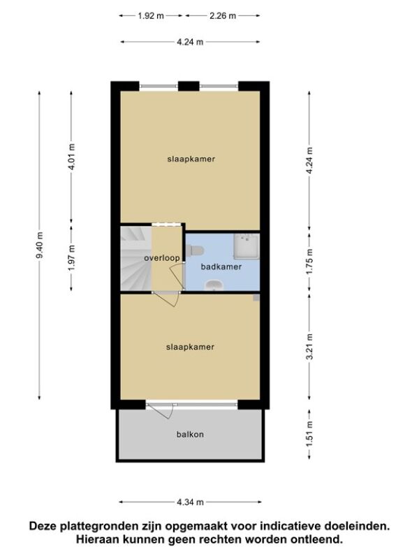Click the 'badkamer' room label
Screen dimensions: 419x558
point(221,266)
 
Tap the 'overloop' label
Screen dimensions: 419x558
point(162,257)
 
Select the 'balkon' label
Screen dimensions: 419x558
point(190,434)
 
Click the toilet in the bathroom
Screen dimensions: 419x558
point(195,251)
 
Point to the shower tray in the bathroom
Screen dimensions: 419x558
point(247,246)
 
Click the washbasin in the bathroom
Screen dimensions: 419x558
point(214,285)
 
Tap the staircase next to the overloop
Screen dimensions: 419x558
point(136,259)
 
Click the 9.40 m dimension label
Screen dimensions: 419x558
point(39,246)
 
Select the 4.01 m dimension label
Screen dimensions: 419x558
point(71,157)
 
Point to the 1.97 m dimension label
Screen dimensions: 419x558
point(71,257)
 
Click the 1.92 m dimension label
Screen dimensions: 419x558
point(151,15)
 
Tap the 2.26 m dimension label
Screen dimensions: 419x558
point(223,15)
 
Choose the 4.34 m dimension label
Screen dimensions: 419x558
point(190,502)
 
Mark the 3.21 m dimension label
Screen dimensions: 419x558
point(309,347)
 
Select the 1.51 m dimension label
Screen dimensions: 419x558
point(309,434)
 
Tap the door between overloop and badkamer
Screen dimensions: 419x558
point(178,276)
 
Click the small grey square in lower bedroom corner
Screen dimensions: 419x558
point(256,298)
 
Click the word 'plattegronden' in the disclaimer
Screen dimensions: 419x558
point(98,526)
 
